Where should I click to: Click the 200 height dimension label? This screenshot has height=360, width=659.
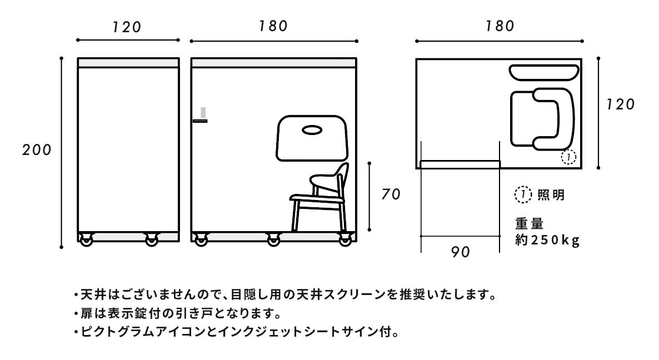(37, 149)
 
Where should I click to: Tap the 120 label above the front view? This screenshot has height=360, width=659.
(127, 27)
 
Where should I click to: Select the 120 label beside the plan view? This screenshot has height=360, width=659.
(620, 104)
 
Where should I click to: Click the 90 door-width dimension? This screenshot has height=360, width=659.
(460, 252)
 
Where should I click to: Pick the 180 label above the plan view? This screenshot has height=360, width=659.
(499, 26)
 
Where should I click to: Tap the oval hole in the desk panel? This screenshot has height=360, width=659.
(312, 131)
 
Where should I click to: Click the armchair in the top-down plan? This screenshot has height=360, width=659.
(541, 119)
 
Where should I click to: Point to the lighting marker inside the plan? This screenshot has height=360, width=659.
(568, 157)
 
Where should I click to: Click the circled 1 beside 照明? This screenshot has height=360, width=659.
(522, 195)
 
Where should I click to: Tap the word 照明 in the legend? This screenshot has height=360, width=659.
(551, 196)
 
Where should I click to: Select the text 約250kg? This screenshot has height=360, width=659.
(547, 241)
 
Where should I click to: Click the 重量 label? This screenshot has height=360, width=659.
(529, 224)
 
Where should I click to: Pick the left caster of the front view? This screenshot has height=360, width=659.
(86, 240)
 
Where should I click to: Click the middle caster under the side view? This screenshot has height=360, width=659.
(273, 240)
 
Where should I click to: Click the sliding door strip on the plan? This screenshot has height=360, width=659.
(460, 164)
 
